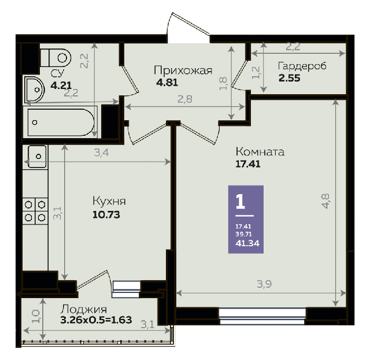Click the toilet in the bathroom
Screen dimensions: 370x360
click(x=55, y=58)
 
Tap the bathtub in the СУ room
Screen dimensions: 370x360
click(x=60, y=122)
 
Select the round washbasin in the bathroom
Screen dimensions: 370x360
click(x=34, y=90)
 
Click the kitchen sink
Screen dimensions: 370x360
click(x=37, y=156)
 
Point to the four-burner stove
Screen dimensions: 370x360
click(x=35, y=211)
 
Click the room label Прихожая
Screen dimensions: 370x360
click(x=183, y=70)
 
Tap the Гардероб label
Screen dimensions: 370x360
click(x=302, y=66)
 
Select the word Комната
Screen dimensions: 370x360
click(x=260, y=152)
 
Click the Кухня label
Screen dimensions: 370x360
click(x=109, y=202)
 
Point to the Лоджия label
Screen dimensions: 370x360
click(x=84, y=309)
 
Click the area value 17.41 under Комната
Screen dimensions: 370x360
click(x=248, y=164)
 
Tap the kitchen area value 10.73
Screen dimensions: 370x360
click(x=106, y=215)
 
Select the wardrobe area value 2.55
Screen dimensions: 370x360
click(x=289, y=78)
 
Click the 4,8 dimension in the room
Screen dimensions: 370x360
click(x=325, y=201)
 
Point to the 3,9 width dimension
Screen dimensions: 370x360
click(x=264, y=284)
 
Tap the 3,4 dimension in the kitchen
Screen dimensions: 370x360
click(x=102, y=153)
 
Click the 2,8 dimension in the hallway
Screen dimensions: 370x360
click(x=185, y=99)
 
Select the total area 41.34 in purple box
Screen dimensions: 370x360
click(x=247, y=243)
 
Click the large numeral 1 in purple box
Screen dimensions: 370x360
click(x=240, y=202)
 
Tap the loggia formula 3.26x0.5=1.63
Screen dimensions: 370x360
click(x=96, y=320)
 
